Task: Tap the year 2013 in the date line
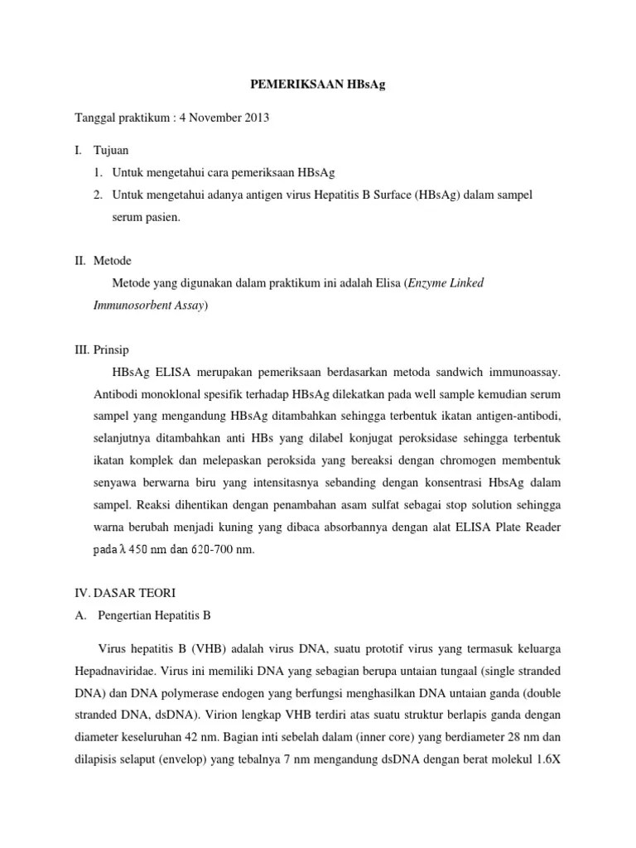pyautogui.click(x=256, y=118)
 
